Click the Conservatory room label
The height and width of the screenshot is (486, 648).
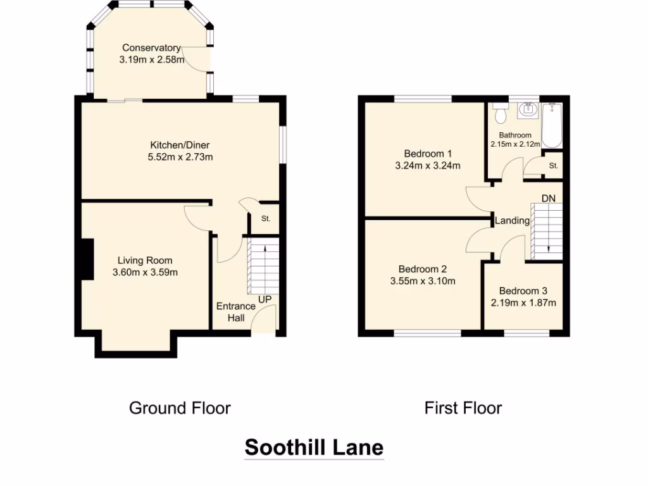pyautogui.click(x=151, y=48)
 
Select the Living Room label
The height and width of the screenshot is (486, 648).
pyautogui.click(x=145, y=260)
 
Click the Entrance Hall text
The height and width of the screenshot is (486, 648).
pyautogui.click(x=236, y=312)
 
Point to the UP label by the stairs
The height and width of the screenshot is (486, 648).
pyautogui.click(x=265, y=299)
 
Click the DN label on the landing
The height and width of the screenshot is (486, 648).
pyautogui.click(x=548, y=199)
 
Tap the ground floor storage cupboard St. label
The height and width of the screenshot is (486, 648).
pyautogui.click(x=266, y=219)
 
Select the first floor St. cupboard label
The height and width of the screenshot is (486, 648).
pyautogui.click(x=554, y=166)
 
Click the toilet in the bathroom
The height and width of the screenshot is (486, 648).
pyautogui.click(x=501, y=114)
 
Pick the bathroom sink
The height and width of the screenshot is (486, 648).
pyautogui.click(x=527, y=111)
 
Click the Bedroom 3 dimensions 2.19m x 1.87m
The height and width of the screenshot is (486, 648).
pyautogui.click(x=523, y=302)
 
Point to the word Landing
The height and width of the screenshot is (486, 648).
pyautogui.click(x=512, y=221)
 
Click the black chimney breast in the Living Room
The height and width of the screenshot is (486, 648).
pyautogui.click(x=87, y=259)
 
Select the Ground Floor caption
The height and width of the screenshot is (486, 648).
pyautogui.click(x=180, y=408)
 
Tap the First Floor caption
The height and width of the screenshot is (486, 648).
pyautogui.click(x=463, y=408)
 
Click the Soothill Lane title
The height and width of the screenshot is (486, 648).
pyautogui.click(x=314, y=447)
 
